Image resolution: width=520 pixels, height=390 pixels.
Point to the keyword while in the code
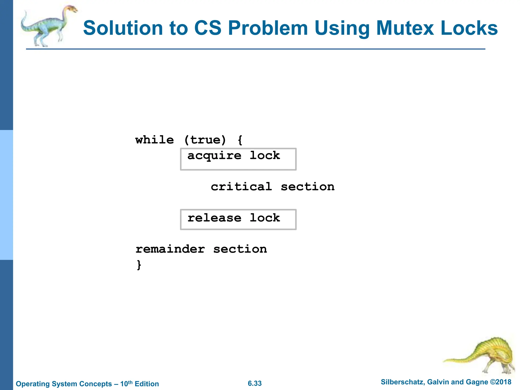[154, 140]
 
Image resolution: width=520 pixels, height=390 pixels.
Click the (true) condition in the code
[205, 140]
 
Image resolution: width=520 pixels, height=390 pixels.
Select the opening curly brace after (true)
[240, 140]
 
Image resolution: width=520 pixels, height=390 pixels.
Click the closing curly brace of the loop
[139, 265]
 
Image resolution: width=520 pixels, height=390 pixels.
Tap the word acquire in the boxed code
[214, 156]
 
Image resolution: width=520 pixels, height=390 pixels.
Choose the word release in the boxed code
[214, 218]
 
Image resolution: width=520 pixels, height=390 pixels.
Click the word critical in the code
[241, 187]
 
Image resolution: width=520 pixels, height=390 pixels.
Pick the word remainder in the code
[170, 249]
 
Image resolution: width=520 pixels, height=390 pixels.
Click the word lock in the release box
[265, 218]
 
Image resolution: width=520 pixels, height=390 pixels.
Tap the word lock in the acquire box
[265, 155]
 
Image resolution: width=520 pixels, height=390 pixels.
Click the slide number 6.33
[255, 383]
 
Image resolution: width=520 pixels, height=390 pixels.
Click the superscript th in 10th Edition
[130, 382]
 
